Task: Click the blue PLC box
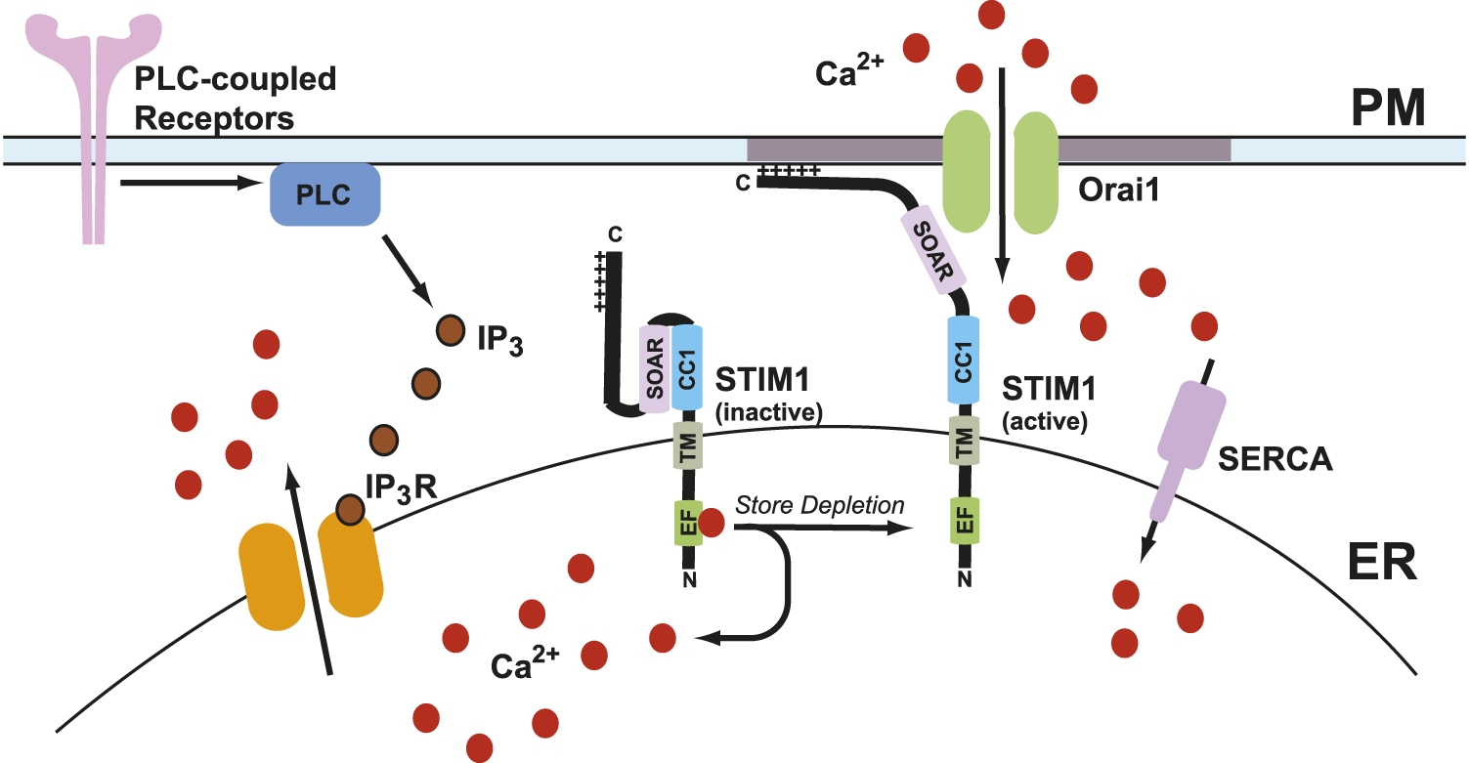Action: tap(324, 194)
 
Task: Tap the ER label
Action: tap(1382, 564)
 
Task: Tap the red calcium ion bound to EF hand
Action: tap(712, 523)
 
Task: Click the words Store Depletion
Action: tap(819, 506)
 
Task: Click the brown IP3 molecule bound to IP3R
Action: tap(350, 508)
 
